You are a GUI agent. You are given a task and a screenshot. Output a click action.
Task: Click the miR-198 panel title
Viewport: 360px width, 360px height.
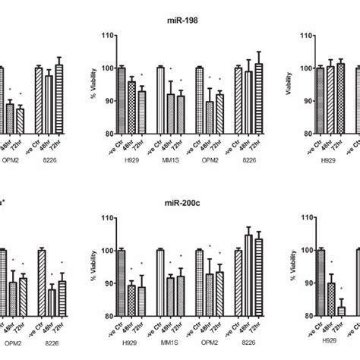pos(180,17)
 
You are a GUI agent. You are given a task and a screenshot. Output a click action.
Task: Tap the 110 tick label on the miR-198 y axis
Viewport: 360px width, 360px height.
pos(109,35)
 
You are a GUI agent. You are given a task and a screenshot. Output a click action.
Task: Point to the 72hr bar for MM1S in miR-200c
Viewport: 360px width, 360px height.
pos(180,295)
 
